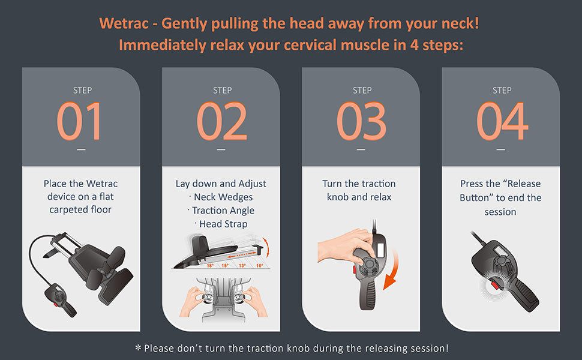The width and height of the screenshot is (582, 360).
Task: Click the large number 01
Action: click(x=79, y=121)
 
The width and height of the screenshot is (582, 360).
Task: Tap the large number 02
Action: click(x=221, y=121)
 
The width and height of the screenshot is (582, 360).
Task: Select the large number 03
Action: click(x=362, y=121)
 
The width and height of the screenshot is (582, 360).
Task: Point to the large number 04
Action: click(x=502, y=121)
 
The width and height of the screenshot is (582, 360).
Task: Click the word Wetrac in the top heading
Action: click(x=123, y=23)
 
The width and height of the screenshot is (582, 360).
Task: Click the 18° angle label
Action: click(x=210, y=266)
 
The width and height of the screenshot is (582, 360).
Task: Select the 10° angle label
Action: click(x=259, y=266)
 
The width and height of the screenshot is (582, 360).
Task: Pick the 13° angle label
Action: click(x=242, y=266)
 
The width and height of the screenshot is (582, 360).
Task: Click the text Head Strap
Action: click(x=223, y=224)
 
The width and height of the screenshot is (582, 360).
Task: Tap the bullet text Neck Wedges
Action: click(x=223, y=197)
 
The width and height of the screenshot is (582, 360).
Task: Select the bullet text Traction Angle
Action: click(x=223, y=211)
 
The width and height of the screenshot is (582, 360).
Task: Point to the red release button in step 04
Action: click(x=495, y=285)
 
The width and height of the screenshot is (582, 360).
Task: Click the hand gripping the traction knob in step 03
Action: click(x=345, y=247)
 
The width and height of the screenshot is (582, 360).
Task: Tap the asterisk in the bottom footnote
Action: click(x=138, y=348)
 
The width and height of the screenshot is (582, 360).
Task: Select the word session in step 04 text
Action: click(x=500, y=212)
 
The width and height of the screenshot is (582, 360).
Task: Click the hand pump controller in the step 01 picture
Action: click(x=60, y=299)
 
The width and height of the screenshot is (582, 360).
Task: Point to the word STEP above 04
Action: click(x=502, y=90)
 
